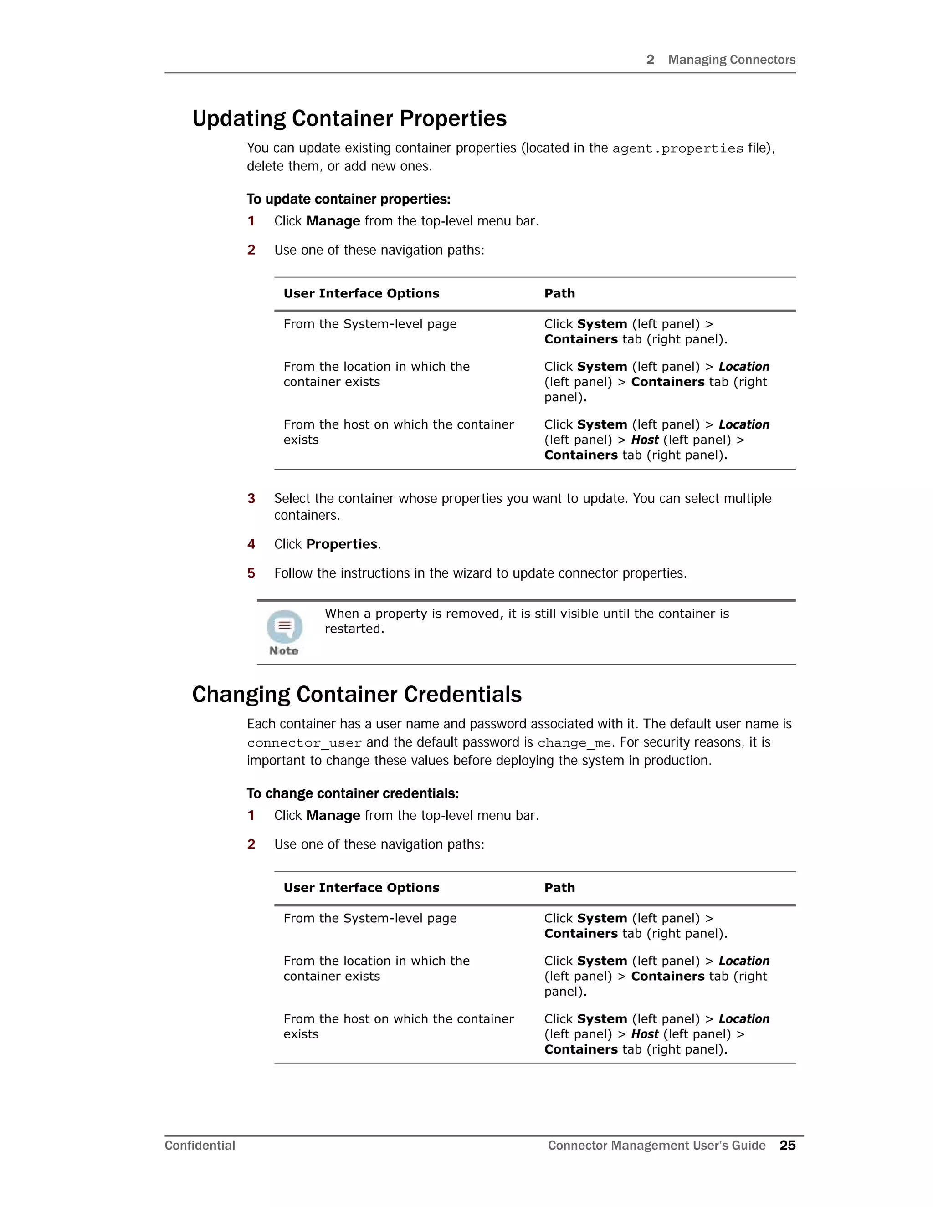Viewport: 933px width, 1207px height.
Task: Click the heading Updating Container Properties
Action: (x=349, y=119)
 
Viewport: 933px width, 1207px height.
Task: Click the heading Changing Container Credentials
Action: (x=357, y=695)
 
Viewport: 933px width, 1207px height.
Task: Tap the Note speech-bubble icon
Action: (x=284, y=627)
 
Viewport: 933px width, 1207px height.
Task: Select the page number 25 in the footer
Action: (x=787, y=1145)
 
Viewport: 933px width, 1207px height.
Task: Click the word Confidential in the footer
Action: (x=200, y=1145)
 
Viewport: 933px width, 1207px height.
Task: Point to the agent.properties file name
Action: (x=677, y=148)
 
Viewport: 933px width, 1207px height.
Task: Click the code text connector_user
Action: (x=304, y=743)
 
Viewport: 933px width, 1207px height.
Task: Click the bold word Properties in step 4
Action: (x=342, y=544)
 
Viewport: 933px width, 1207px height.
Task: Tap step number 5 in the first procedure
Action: (x=251, y=573)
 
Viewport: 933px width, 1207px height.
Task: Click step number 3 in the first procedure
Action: (x=251, y=498)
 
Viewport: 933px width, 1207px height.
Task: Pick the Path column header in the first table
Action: (x=559, y=293)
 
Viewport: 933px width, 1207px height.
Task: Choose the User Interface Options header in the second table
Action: (x=361, y=888)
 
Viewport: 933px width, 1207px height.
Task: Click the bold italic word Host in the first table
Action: (x=645, y=440)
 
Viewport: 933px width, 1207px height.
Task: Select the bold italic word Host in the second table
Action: (x=645, y=1034)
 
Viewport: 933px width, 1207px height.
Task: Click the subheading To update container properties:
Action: (x=348, y=199)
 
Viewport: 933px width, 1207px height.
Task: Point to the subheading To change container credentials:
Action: (x=352, y=793)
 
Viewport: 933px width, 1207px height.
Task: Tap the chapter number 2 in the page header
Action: (x=650, y=60)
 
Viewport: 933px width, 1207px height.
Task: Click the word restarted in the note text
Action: (x=353, y=629)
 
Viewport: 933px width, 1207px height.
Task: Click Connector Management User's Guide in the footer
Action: (x=656, y=1145)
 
